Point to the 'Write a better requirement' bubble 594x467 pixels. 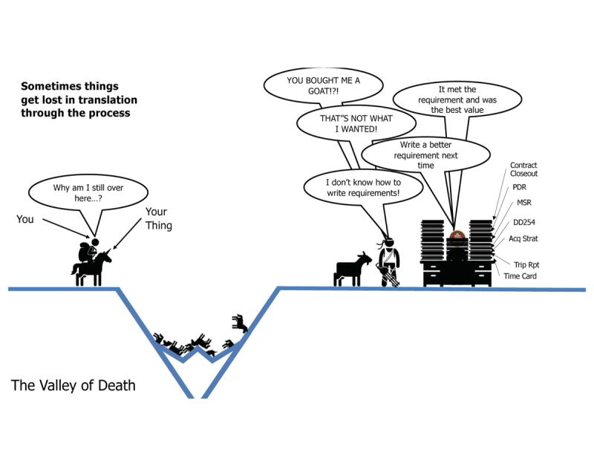425,155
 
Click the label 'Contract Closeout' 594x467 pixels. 523,169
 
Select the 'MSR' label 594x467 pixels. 523,203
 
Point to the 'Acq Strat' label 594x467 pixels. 524,238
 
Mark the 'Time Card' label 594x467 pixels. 520,276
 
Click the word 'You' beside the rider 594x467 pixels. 25,219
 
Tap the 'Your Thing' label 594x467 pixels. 157,218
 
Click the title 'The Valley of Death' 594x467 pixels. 73,386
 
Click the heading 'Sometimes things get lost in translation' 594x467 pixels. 79,99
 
